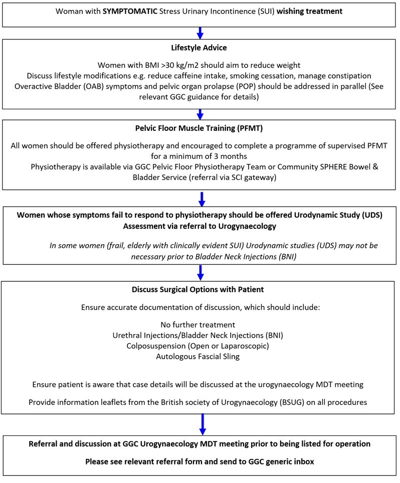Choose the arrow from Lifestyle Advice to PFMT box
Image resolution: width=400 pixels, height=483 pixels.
pos(200,114)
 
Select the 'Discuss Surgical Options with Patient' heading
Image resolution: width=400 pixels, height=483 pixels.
pos(197,290)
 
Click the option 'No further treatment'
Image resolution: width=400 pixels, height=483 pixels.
pos(197,325)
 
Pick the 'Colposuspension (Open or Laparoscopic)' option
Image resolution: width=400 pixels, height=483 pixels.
pos(197,346)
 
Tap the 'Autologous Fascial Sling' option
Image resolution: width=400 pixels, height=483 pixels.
pos(197,356)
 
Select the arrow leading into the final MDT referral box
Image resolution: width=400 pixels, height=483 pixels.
pos(203,424)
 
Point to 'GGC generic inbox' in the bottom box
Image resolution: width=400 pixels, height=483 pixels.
pos(282,461)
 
